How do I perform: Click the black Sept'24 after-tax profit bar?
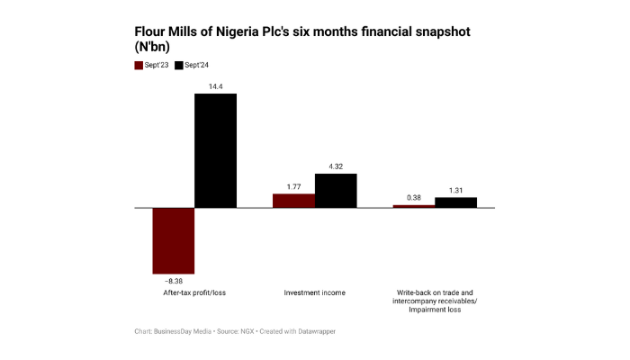click(216, 150)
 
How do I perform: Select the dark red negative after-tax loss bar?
click(174, 240)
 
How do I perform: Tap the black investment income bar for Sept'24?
click(336, 191)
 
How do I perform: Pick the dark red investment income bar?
click(293, 201)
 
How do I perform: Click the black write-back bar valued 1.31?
click(455, 202)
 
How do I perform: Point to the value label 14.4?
click(216, 85)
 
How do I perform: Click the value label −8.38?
click(173, 280)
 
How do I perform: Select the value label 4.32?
click(336, 166)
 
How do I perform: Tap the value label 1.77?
click(293, 186)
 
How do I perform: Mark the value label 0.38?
click(413, 197)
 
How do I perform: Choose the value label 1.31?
click(455, 190)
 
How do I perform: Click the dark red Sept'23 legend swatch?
click(139, 65)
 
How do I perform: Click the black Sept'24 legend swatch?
click(178, 65)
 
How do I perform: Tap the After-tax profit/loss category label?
click(194, 293)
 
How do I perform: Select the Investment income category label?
click(314, 293)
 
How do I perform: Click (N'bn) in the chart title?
click(154, 49)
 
